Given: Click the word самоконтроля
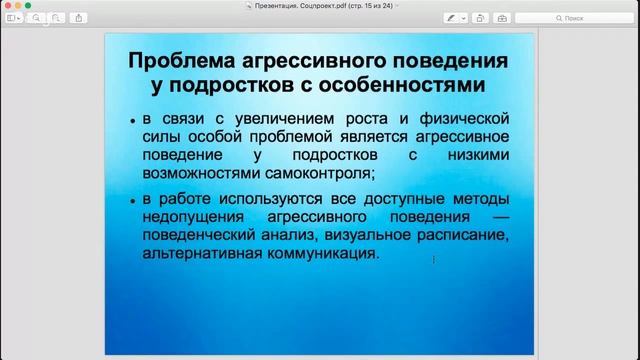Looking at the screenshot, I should pos(290,173).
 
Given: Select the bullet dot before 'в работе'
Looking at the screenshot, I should pos(133,201).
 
